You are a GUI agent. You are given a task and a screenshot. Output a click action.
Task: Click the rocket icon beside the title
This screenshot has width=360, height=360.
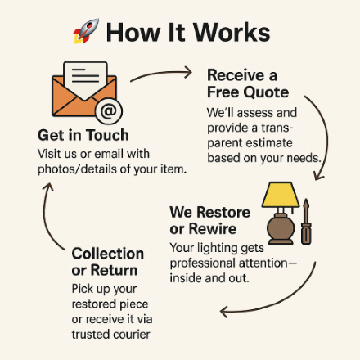coord(86,31)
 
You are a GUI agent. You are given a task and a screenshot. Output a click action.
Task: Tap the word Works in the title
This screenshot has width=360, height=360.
coord(232,33)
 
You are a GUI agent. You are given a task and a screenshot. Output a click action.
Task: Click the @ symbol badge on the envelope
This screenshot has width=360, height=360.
coord(109,111)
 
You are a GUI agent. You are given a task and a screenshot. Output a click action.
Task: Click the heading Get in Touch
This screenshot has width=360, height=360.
coord(83,135)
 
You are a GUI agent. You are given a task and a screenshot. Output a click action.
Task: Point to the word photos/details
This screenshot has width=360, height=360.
coord(78,169)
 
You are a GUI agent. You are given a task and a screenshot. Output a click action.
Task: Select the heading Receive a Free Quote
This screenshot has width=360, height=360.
coord(248,83)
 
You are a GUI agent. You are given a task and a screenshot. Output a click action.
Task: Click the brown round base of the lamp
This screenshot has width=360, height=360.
coord(281,228)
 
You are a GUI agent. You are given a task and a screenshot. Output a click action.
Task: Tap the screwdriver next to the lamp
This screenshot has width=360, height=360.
coord(306,222)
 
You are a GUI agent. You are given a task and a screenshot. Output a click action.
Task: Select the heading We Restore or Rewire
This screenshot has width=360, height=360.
coord(209,220)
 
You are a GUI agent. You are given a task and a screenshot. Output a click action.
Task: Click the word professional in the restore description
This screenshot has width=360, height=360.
coord(202,263)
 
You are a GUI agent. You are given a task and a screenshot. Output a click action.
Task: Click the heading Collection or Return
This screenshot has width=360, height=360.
coord(108,262)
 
